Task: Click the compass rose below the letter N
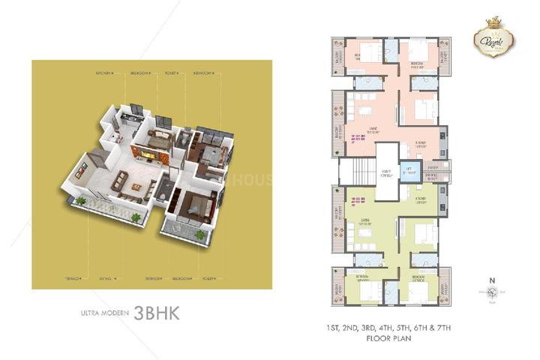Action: click(493, 290)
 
